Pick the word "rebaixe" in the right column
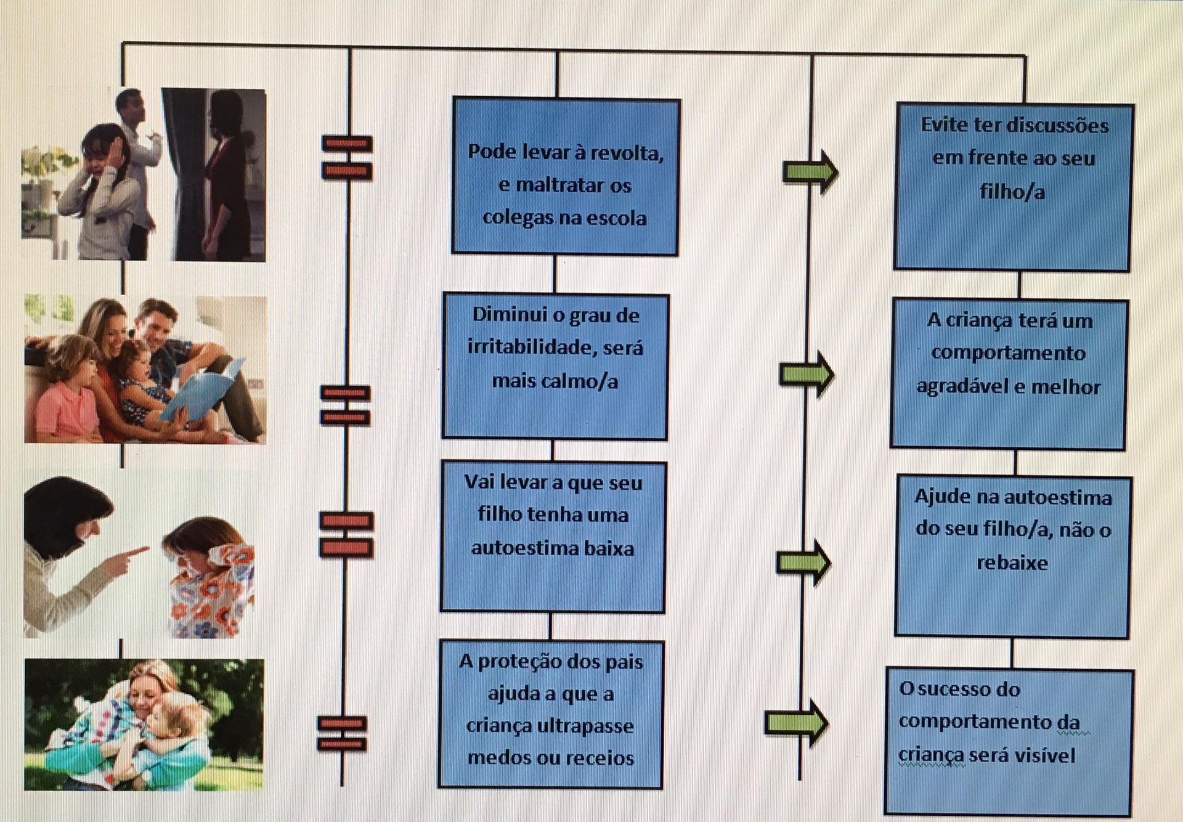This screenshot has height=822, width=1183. [1012, 563]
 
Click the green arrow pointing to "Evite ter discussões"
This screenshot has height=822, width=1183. [810, 171]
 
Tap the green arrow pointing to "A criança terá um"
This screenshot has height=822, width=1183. [807, 374]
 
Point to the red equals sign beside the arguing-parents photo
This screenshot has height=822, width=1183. [347, 158]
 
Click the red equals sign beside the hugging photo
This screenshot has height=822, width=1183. [343, 733]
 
